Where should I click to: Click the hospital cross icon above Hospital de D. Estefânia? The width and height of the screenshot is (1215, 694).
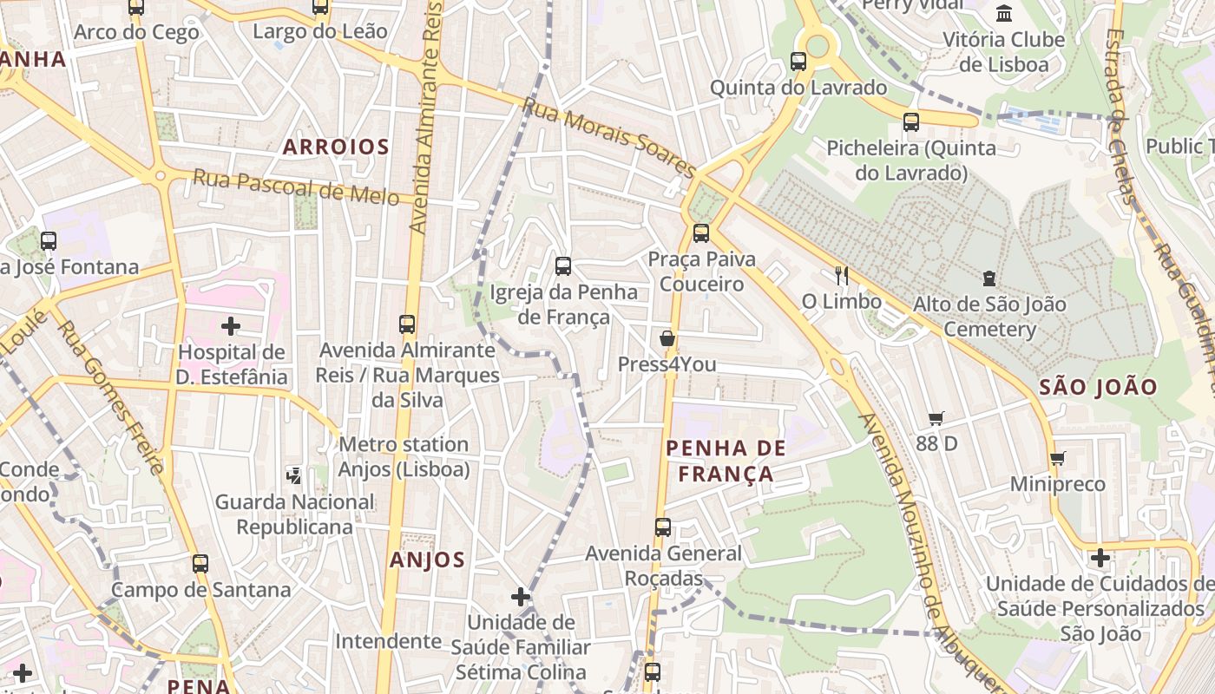pyautogui.click(x=231, y=326)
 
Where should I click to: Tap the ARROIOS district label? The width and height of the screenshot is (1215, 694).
pyautogui.click(x=336, y=147)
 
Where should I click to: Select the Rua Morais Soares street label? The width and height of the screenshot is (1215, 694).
pyautogui.click(x=608, y=138)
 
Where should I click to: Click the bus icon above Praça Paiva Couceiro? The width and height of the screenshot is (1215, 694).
pyautogui.click(x=700, y=233)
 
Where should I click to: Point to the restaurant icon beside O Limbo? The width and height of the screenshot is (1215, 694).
pyautogui.click(x=841, y=276)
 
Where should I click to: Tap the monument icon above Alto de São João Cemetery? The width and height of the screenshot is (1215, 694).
pyautogui.click(x=988, y=278)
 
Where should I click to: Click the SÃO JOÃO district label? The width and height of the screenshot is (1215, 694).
pyautogui.click(x=1098, y=387)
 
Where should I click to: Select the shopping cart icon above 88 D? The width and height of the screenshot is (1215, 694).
pyautogui.click(x=936, y=419)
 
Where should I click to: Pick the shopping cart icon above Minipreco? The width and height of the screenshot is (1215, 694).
pyautogui.click(x=1057, y=458)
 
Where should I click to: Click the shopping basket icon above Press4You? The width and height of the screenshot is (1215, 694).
pyautogui.click(x=667, y=338)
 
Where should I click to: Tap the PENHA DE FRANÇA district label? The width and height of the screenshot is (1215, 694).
pyautogui.click(x=726, y=461)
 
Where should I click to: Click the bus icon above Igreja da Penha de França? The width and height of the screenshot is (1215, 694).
pyautogui.click(x=563, y=266)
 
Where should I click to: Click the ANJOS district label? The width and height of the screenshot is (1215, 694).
pyautogui.click(x=427, y=560)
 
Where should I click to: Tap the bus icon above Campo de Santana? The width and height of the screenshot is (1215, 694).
pyautogui.click(x=200, y=564)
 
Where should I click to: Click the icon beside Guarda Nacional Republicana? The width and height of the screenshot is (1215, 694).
pyautogui.click(x=294, y=475)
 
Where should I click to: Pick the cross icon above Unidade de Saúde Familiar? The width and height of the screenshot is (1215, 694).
pyautogui.click(x=521, y=597)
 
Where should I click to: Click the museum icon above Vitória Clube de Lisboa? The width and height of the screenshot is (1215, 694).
pyautogui.click(x=1004, y=13)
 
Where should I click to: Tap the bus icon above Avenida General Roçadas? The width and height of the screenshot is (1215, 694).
pyautogui.click(x=662, y=527)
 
